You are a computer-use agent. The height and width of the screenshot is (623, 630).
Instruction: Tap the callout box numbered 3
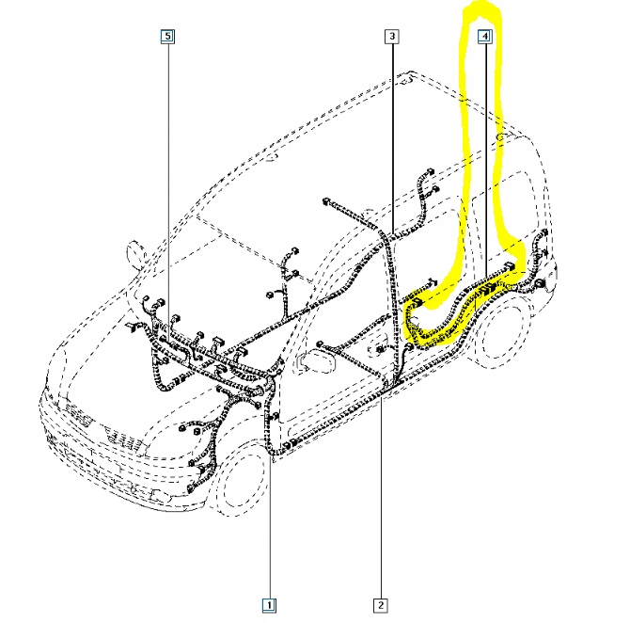[392, 37]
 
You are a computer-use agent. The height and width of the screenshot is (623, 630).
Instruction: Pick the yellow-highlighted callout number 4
[484, 37]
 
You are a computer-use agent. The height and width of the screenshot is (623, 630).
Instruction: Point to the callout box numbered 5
[167, 37]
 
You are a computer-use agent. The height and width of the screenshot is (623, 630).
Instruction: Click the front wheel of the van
[240, 480]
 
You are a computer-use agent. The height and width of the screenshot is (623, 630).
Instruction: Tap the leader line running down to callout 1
[269, 508]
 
